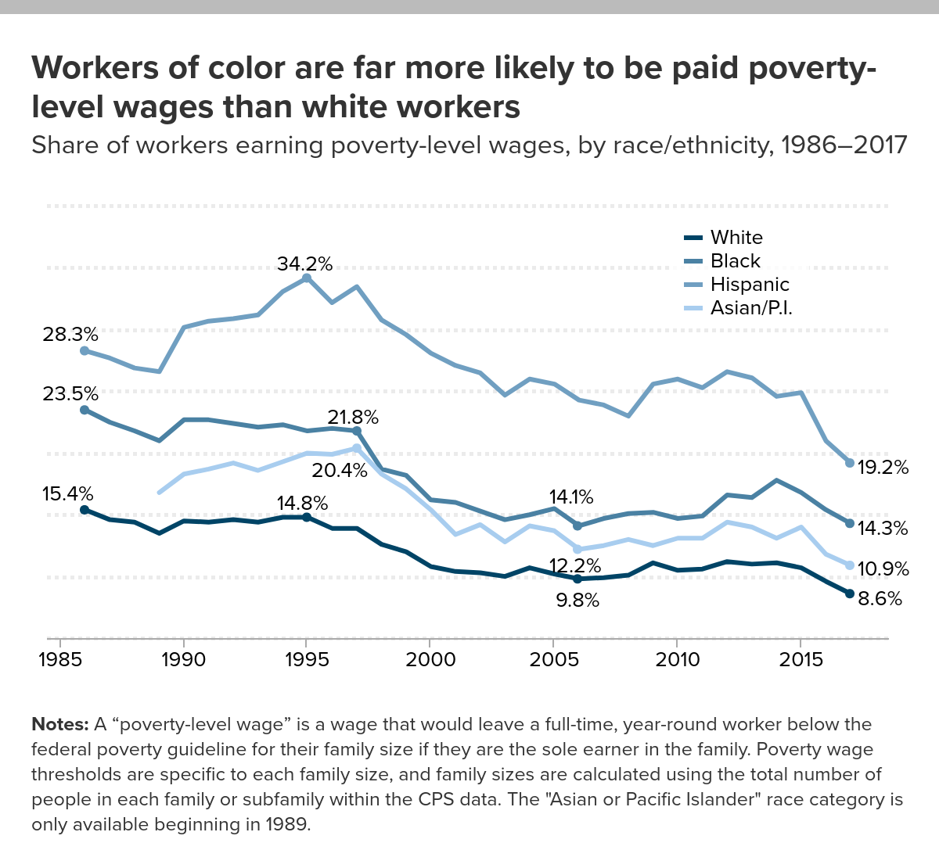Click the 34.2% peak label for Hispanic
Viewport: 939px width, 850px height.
tap(304, 264)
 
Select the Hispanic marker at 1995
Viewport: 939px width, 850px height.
tap(307, 278)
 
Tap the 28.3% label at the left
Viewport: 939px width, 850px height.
tap(70, 335)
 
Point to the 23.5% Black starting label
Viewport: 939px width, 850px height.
tap(70, 393)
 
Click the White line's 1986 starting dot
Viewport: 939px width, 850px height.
tap(85, 510)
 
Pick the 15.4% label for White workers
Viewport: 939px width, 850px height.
tap(67, 494)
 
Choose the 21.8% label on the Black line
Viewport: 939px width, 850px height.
tap(353, 417)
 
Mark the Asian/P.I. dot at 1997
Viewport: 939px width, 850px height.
tap(357, 448)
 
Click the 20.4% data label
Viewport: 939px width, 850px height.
tap(339, 470)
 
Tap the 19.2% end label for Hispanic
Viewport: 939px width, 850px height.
tap(883, 468)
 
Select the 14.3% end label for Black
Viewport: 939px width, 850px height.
tap(883, 529)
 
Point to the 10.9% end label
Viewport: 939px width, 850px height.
tap(883, 568)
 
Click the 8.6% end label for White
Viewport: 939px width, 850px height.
tap(880, 600)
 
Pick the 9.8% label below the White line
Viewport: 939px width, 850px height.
tap(577, 601)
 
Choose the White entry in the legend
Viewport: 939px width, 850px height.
tap(736, 238)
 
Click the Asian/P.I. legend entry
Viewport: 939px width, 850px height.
tap(750, 308)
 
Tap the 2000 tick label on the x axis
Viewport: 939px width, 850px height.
tap(430, 659)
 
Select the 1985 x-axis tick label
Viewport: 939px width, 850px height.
tap(60, 659)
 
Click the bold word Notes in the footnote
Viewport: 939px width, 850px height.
tap(59, 724)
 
